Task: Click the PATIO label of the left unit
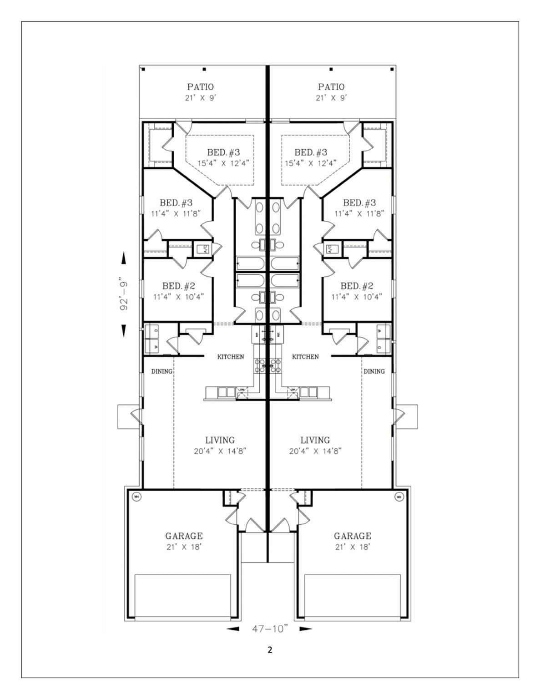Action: coord(201,86)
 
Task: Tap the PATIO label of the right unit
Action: coord(331,86)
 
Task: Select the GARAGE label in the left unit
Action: coord(184,536)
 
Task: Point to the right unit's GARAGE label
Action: coord(353,536)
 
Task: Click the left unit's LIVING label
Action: coord(220,440)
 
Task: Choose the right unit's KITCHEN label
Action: coord(305,357)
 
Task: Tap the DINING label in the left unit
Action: coord(162,371)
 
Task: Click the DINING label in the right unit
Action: coord(374,371)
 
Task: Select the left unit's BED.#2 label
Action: coord(179,286)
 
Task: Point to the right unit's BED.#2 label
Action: coord(357,286)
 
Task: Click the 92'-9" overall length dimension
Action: coord(123,294)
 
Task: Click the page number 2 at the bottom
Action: coord(270,650)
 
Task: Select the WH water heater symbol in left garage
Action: coord(136,496)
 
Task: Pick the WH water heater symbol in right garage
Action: coord(399,496)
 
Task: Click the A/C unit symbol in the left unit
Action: coord(202,249)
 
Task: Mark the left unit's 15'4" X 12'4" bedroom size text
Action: coord(223,162)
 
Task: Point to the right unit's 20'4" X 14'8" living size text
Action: coord(315,451)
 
